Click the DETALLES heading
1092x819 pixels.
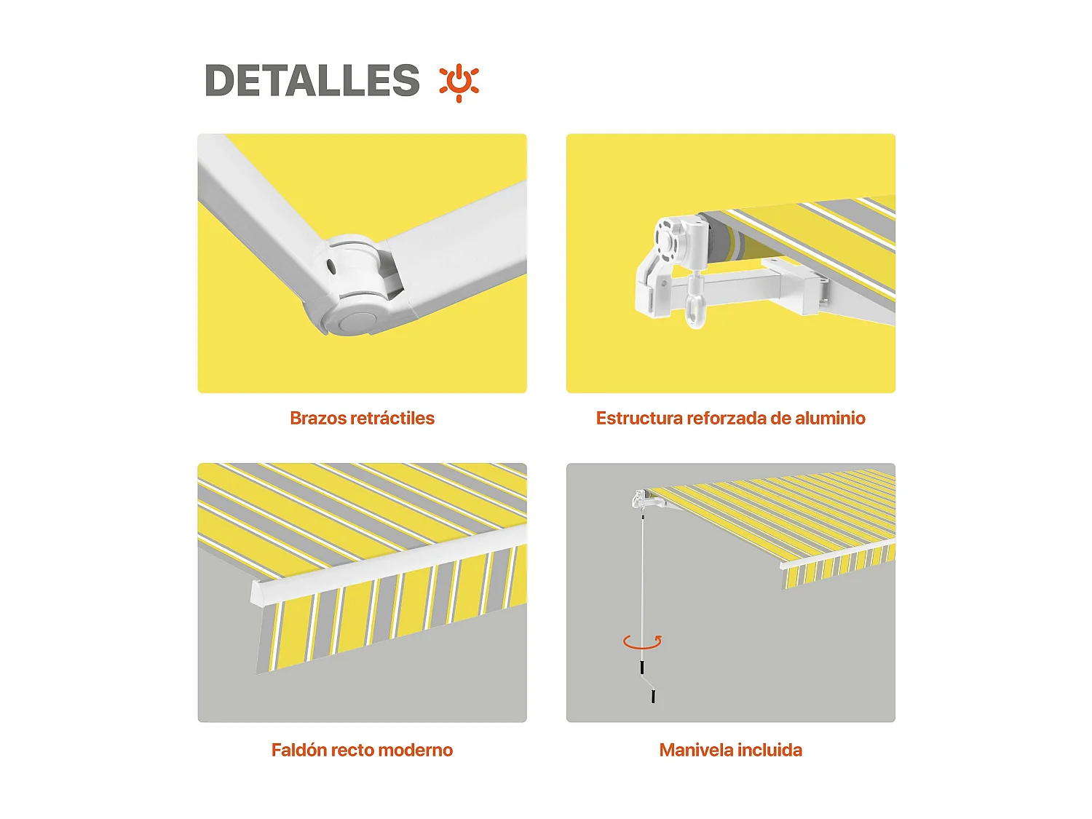tap(312, 80)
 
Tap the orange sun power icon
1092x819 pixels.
tap(459, 82)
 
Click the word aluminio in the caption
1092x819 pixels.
tap(830, 418)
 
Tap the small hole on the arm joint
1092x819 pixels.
tap(331, 267)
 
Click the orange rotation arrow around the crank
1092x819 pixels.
tap(642, 641)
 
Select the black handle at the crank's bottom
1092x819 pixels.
tap(653, 696)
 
